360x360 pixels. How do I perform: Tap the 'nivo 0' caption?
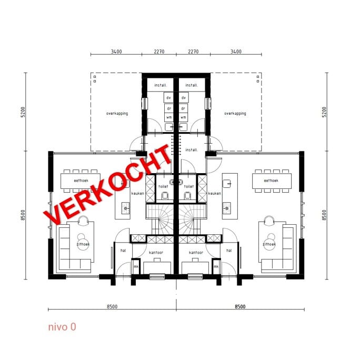pyautogui.click(x=62, y=327)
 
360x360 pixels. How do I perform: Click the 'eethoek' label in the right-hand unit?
pyautogui.click(x=271, y=181)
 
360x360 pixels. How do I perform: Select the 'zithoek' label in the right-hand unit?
pyautogui.click(x=269, y=244)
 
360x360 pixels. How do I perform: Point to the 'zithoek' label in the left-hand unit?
pyautogui.click(x=83, y=244)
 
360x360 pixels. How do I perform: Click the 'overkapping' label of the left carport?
pyautogui.click(x=117, y=113)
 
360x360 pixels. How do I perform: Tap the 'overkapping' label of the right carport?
pyautogui.click(x=235, y=113)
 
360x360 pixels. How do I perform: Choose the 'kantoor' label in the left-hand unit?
pyautogui.click(x=156, y=253)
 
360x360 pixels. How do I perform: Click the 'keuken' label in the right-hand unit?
pyautogui.click(x=214, y=193)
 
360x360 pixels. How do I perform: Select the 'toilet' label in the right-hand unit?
pyautogui.click(x=189, y=186)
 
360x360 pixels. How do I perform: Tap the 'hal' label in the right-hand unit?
pyautogui.click(x=229, y=251)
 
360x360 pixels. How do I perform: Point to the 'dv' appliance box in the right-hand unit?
pyautogui.click(x=184, y=98)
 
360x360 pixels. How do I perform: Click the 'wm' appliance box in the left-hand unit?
pyautogui.click(x=168, y=117)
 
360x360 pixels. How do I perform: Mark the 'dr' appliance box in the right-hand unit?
pyautogui.click(x=184, y=108)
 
